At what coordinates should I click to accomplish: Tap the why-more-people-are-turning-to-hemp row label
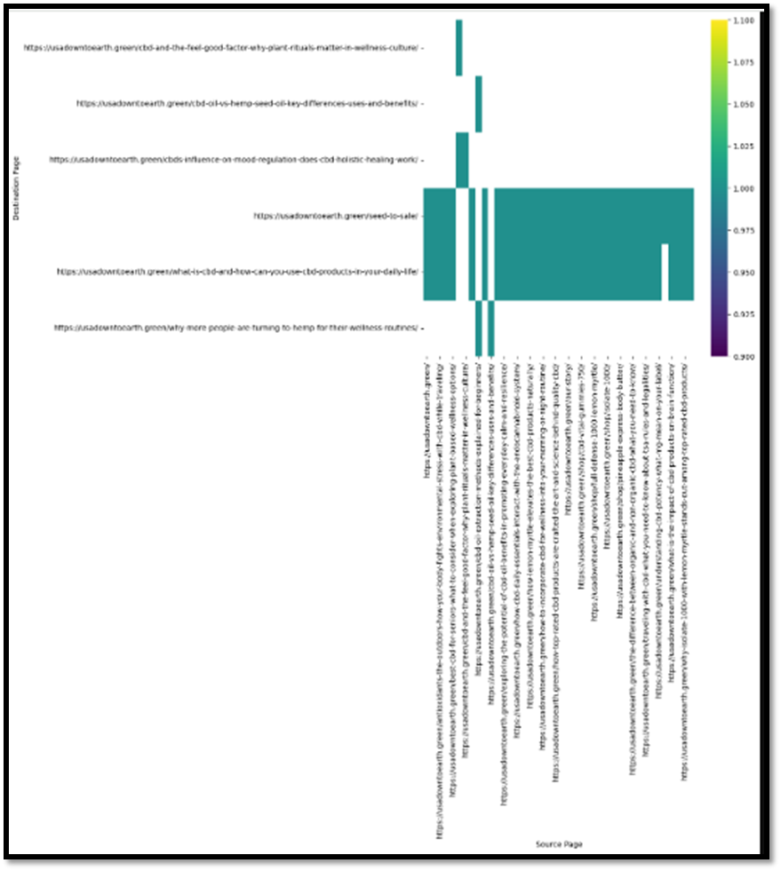(x=235, y=328)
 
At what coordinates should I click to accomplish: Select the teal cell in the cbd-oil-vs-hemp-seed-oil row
(x=478, y=104)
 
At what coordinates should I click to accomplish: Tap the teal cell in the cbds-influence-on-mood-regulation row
(x=462, y=160)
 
